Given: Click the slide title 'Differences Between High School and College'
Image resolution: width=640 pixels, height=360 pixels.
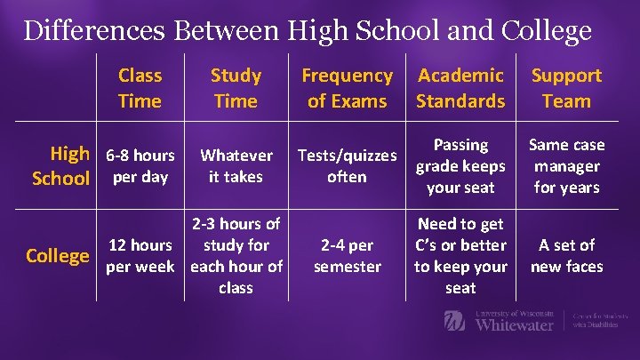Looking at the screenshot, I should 308,31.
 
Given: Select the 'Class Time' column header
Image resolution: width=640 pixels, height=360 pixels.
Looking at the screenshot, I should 140,88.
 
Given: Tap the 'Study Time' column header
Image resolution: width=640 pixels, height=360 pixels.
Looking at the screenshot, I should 236,88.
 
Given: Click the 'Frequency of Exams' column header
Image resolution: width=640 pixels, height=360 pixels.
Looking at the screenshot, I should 347,88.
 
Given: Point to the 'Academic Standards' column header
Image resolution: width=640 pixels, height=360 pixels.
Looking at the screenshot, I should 460,88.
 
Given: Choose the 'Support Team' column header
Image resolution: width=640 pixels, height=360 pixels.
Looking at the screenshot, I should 566,88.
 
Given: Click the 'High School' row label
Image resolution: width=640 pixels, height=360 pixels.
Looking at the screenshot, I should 61,165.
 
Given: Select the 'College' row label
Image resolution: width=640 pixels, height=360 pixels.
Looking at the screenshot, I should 58,256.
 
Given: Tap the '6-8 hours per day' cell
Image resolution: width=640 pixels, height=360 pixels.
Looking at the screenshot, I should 140,165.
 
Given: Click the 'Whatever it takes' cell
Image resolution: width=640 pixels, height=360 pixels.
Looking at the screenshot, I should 236,165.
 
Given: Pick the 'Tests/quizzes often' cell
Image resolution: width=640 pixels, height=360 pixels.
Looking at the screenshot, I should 347,165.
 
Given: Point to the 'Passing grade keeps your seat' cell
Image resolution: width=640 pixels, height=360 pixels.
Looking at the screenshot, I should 460,165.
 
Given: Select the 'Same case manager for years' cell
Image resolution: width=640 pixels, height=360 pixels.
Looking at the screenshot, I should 566,165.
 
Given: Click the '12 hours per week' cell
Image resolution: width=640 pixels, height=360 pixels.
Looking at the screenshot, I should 140,256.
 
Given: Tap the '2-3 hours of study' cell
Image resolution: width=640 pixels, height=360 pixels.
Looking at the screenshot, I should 236,256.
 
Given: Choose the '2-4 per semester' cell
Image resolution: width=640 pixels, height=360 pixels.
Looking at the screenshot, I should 347,256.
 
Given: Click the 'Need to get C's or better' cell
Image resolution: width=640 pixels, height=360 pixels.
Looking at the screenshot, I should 460,256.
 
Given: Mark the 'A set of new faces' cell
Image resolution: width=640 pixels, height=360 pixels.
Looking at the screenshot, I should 566,256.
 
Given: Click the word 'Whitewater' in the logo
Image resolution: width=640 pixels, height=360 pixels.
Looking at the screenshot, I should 514,324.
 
